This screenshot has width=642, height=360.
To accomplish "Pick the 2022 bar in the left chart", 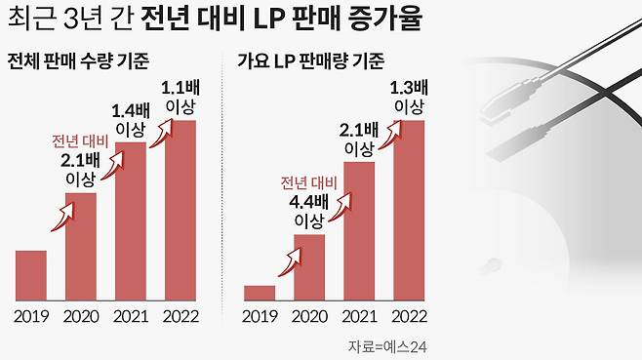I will tap(180, 210).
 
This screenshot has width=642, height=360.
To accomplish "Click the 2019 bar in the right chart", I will tap(260, 293).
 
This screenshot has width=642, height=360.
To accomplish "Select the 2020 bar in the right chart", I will tap(308, 267).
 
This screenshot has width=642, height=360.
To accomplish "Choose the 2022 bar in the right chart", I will tap(408, 210).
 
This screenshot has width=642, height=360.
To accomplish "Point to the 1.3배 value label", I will tap(408, 86).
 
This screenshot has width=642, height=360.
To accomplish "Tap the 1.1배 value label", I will tap(180, 84).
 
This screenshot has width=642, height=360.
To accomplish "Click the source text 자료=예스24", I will tap(388, 346).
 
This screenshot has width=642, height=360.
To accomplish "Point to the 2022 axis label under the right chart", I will tap(408, 316).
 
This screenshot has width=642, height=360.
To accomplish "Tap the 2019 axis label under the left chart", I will tap(31, 316).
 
